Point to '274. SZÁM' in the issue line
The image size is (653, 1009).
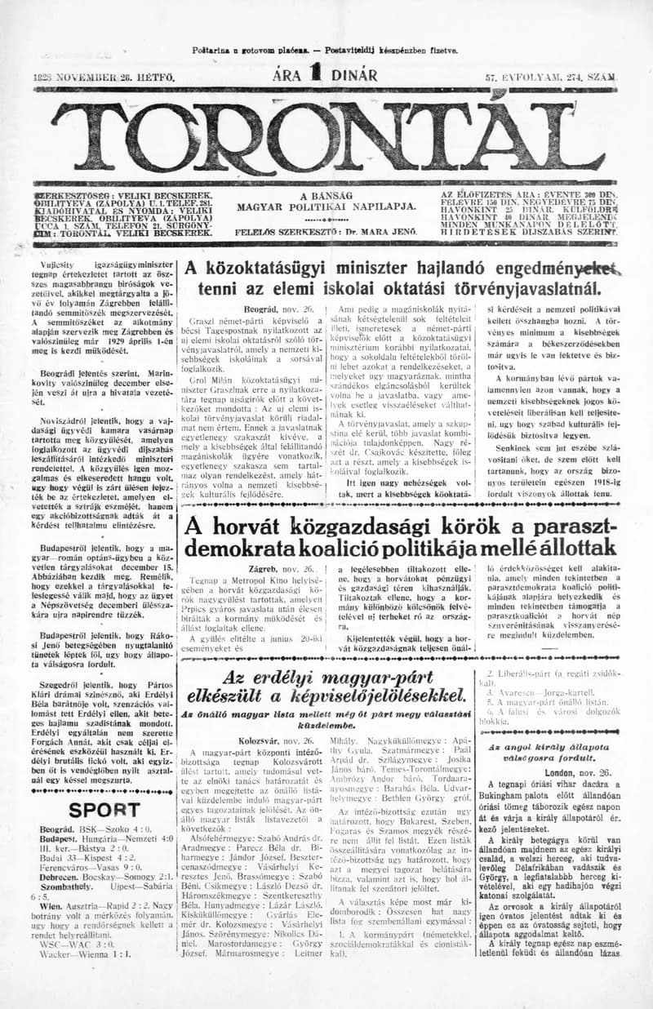click(588, 78)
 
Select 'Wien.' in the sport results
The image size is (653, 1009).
click(53, 928)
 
